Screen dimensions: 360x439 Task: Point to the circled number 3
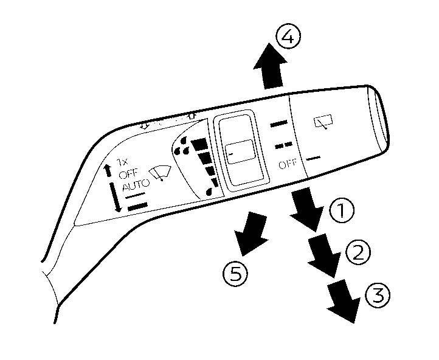pyautogui.click(x=378, y=296)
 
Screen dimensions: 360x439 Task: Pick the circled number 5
pyautogui.click(x=235, y=274)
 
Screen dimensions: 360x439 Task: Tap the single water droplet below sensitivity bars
pyautogui.click(x=209, y=191)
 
